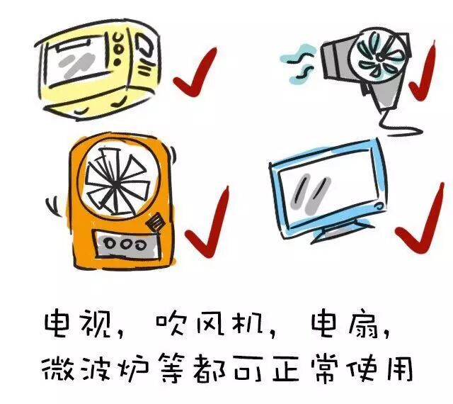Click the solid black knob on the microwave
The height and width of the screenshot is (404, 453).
click(x=117, y=62)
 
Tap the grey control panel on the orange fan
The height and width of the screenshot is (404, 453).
click(x=126, y=244)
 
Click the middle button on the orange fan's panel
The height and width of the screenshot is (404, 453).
click(x=125, y=245)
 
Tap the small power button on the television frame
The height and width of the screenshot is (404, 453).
click(x=379, y=206)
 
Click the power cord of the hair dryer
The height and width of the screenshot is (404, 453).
click(x=400, y=125)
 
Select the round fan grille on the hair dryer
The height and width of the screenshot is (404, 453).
click(x=379, y=57)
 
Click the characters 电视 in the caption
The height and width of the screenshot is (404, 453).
click(x=79, y=323)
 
